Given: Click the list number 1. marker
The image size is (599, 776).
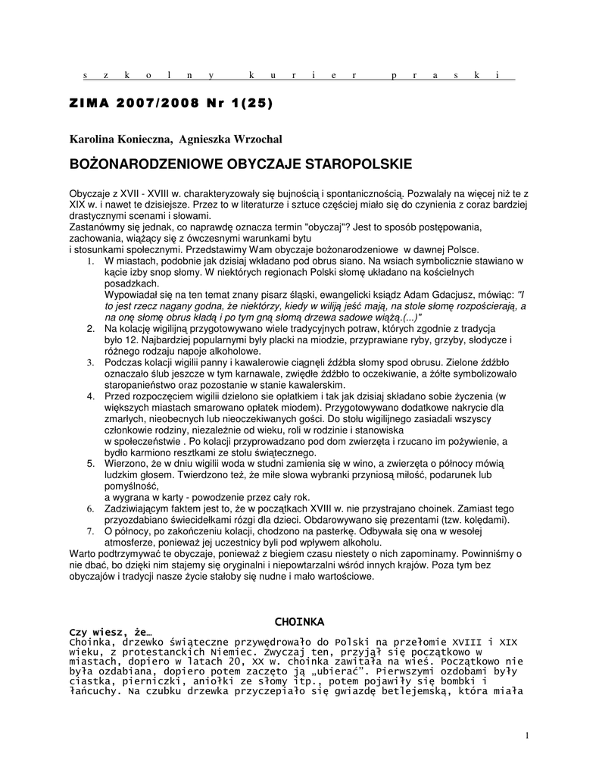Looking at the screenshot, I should [89, 261].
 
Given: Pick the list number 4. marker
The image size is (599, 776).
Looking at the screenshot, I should [89, 396].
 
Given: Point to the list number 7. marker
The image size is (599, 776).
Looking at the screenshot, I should [89, 531].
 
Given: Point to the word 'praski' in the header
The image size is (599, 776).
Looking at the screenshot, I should [447, 75].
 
